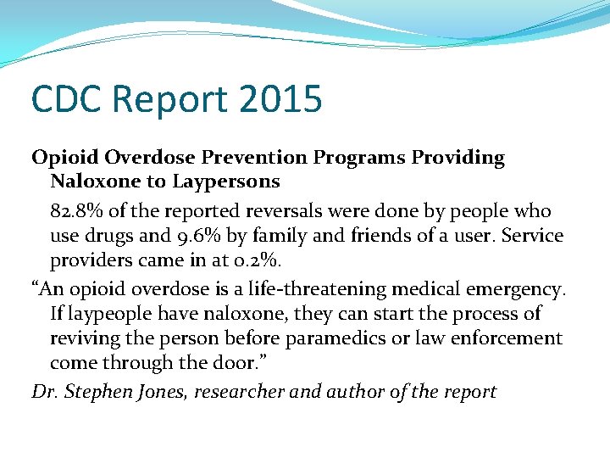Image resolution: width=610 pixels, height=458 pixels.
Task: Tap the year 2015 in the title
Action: click(280, 98)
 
